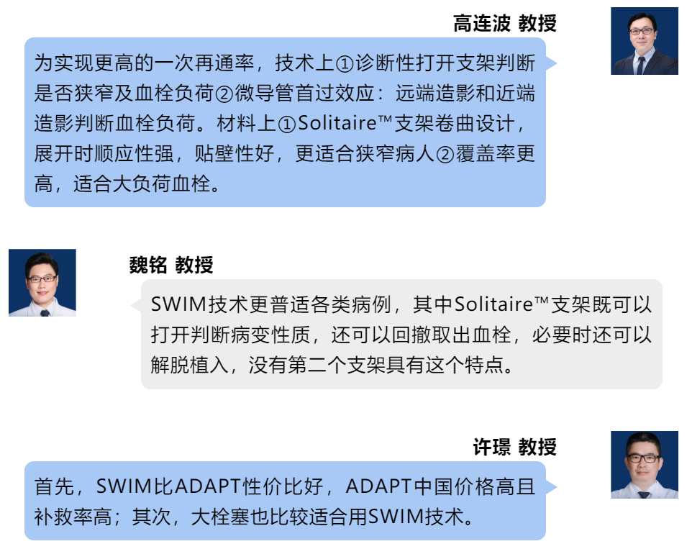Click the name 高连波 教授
coord(504,24)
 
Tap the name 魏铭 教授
coord(171,265)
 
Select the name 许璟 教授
coord(514,448)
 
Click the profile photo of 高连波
coord(645,41)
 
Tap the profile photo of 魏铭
coord(42,283)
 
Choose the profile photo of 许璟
coord(645,465)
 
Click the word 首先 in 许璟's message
coord(54,487)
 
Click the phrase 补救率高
coord(73,517)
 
